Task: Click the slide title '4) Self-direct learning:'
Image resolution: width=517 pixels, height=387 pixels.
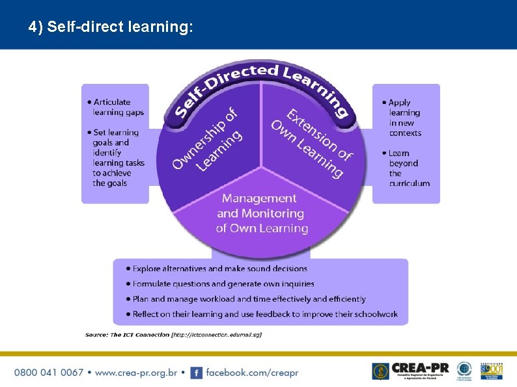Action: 111,27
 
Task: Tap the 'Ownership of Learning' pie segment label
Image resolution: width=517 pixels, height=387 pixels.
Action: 206,140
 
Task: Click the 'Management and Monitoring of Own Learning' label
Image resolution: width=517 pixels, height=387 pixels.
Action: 261,213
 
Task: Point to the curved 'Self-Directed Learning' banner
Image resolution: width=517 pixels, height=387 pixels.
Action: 260,85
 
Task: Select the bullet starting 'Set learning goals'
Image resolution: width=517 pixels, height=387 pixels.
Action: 117,158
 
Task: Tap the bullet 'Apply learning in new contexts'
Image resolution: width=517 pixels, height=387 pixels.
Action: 404,118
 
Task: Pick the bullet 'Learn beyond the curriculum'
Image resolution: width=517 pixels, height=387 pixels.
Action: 408,168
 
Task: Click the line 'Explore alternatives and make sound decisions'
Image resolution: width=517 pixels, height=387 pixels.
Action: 219,269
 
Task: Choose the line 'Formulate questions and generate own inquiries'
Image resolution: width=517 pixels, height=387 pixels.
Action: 223,284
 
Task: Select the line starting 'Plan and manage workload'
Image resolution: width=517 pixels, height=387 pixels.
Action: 249,299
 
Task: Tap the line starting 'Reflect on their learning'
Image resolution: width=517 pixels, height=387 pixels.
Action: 264,314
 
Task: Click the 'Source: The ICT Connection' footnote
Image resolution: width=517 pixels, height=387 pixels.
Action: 173,335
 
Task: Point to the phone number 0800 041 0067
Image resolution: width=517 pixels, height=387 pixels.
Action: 49,373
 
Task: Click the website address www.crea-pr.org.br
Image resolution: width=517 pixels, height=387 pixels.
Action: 136,373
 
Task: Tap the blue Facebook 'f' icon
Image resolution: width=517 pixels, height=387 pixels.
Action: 196,373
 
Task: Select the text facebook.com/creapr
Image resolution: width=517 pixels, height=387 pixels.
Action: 252,373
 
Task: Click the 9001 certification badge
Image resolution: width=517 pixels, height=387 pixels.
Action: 492,371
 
